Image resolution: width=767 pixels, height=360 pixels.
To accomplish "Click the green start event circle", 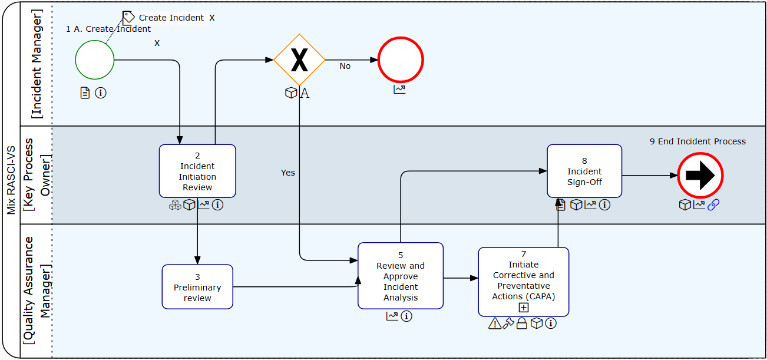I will (x=95, y=60).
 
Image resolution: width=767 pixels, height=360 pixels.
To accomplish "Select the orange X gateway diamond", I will (x=299, y=60).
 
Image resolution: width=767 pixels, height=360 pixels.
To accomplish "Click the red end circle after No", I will (x=401, y=60).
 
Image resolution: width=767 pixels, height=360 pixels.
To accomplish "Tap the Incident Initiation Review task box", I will (x=197, y=171).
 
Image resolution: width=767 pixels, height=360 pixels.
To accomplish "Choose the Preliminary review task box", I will (x=197, y=287).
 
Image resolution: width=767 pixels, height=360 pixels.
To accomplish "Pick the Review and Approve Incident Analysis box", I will (x=401, y=276).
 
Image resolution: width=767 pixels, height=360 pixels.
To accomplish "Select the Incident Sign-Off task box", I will (x=584, y=171).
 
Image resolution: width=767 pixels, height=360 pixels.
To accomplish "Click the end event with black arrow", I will (x=700, y=176).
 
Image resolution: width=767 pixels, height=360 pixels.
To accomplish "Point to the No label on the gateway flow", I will (x=345, y=67).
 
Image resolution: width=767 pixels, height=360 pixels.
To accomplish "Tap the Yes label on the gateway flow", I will (x=288, y=173).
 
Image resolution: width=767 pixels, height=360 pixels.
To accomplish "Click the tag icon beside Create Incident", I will (x=129, y=17).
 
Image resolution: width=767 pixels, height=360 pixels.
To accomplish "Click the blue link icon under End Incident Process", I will (x=713, y=204).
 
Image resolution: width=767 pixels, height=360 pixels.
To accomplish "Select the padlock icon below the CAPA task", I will (x=521, y=323).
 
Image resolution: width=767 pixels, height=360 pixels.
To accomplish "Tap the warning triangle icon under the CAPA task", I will (x=495, y=323).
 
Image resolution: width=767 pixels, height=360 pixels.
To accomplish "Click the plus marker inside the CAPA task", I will (x=524, y=308).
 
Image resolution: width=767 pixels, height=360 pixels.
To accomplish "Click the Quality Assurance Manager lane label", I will (x=37, y=290).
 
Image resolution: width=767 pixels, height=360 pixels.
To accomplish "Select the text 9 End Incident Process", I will (x=697, y=141).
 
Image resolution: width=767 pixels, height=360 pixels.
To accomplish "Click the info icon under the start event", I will (x=101, y=93).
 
